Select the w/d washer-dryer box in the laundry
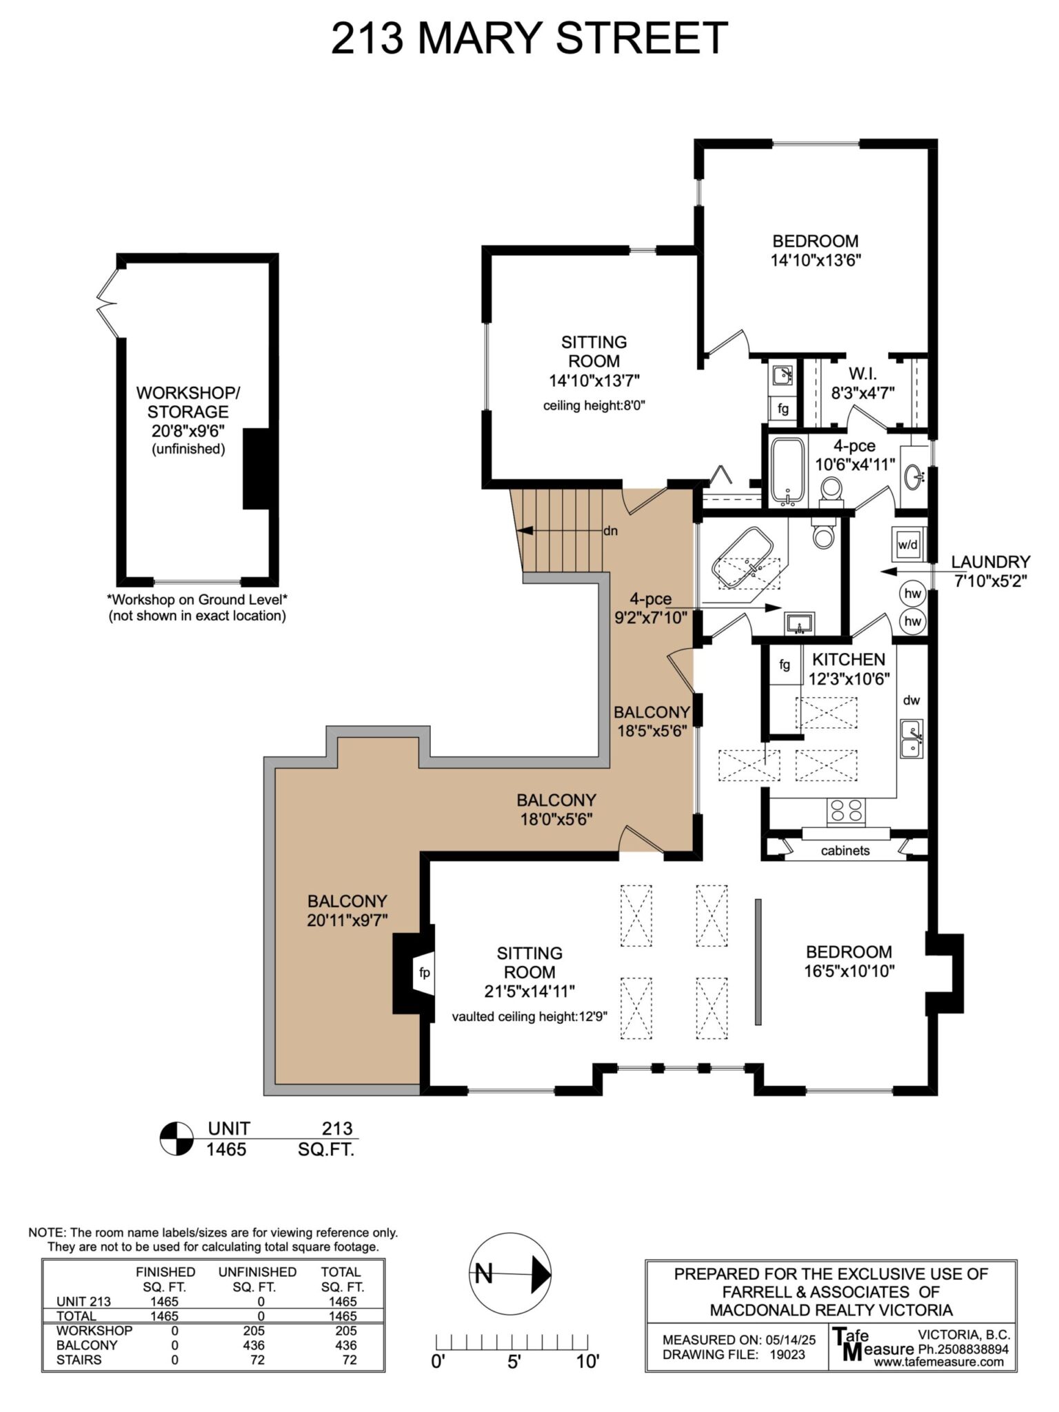(x=907, y=544)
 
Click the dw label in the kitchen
(x=911, y=700)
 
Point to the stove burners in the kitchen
(x=846, y=811)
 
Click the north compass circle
(x=510, y=1273)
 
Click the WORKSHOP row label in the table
(x=94, y=1330)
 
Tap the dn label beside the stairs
(x=610, y=531)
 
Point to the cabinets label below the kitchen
(x=845, y=850)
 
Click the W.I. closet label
(x=862, y=373)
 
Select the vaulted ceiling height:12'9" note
(x=529, y=1016)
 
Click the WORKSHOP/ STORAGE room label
(x=188, y=402)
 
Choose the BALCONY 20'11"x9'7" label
(x=347, y=910)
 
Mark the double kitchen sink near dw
(x=911, y=738)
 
